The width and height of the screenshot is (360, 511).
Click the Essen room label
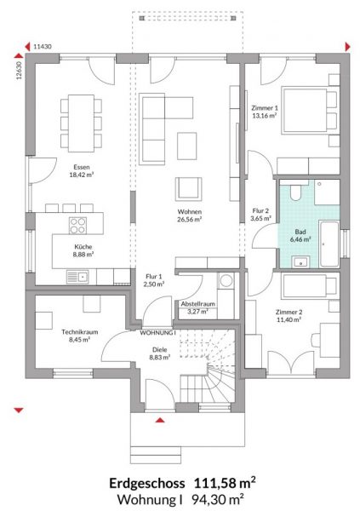click(x=82, y=167)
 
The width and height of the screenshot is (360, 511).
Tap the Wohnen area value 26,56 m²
click(x=189, y=220)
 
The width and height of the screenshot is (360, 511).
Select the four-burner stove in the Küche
click(x=77, y=225)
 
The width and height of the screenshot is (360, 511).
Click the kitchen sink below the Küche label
click(x=77, y=277)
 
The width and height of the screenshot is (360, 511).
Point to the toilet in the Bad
click(x=295, y=192)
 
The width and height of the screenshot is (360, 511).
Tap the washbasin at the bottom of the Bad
click(x=300, y=261)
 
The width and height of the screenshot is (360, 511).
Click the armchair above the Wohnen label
click(x=188, y=189)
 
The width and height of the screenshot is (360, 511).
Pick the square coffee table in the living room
click(x=186, y=146)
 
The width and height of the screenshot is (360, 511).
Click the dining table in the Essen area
click(x=81, y=123)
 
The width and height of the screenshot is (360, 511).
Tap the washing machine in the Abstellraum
click(x=226, y=280)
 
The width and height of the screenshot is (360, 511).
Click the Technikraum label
click(x=80, y=332)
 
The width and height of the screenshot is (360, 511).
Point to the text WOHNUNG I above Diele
click(x=157, y=333)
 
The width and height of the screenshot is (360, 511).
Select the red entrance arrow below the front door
click(x=160, y=420)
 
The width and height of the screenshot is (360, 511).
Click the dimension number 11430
click(x=43, y=47)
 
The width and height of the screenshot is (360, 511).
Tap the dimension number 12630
click(x=19, y=71)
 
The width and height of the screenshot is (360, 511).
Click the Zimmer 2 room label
click(x=289, y=312)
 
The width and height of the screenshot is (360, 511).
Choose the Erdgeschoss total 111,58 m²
click(x=225, y=483)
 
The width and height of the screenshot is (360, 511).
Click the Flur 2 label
click(x=260, y=211)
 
